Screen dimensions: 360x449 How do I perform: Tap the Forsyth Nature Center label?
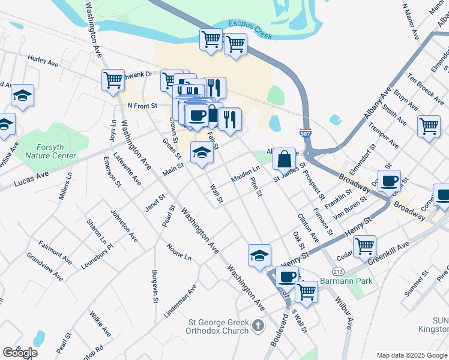click(x=50, y=151)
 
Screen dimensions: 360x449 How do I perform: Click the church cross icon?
click(x=258, y=326)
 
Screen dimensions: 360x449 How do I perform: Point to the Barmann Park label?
click(x=346, y=281)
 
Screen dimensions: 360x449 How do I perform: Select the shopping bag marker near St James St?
click(x=284, y=160)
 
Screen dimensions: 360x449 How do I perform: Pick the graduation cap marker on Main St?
click(x=202, y=154)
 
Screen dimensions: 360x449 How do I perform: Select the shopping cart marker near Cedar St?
click(x=364, y=245)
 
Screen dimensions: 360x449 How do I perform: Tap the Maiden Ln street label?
click(x=245, y=176)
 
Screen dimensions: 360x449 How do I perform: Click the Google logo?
click(x=19, y=352)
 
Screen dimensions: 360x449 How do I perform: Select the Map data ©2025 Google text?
click(x=411, y=355)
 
